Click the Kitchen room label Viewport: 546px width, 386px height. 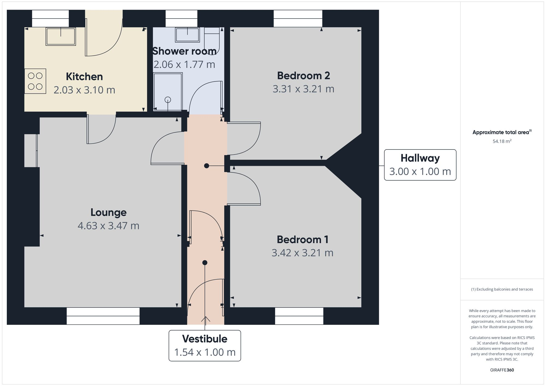point(84,77)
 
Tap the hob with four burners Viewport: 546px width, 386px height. point(35,81)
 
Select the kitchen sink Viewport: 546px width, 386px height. point(61,37)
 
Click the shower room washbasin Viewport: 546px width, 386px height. point(187,35)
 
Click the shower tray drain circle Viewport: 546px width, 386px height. point(168,100)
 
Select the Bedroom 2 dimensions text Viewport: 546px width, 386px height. point(303,89)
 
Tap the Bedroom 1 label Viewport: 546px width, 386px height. point(302,240)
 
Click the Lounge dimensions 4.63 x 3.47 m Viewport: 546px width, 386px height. point(108,226)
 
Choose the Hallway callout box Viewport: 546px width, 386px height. point(420,165)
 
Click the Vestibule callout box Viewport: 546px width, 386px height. point(205,346)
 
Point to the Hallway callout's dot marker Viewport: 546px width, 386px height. point(207,166)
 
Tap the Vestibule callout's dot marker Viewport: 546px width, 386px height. point(205,263)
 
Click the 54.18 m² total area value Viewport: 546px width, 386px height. point(502,141)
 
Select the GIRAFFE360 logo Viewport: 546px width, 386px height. point(502,370)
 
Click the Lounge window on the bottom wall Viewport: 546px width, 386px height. point(103,316)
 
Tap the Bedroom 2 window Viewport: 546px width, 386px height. point(298,19)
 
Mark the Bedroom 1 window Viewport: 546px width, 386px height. point(299,316)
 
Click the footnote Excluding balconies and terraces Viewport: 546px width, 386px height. point(502,289)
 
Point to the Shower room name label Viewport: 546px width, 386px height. point(184,51)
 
